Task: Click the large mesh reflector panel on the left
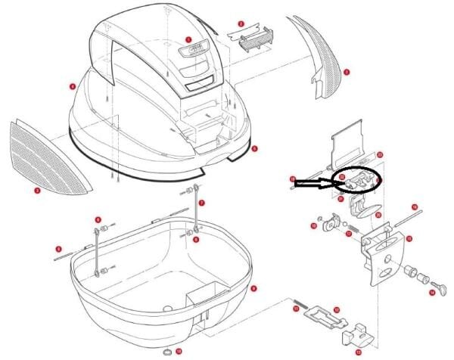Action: pyautogui.click(x=48, y=156)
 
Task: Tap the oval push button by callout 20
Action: pyautogui.click(x=365, y=206)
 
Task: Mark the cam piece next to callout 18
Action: pyautogui.click(x=329, y=222)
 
